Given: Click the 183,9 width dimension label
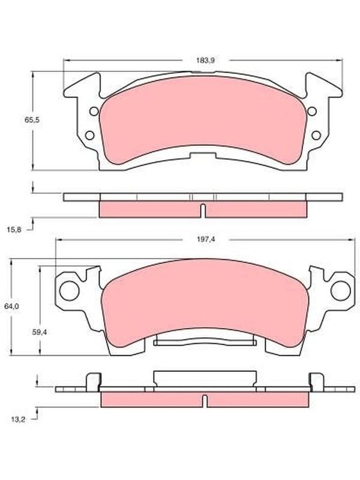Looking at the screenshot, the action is [x=205, y=61].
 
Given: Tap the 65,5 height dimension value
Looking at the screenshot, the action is [x=32, y=119].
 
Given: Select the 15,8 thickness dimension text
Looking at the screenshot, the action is [x=14, y=229].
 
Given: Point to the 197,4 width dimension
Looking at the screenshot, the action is [x=206, y=239].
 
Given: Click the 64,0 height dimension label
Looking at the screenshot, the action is [x=12, y=305].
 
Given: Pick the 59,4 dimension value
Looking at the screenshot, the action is [x=39, y=332].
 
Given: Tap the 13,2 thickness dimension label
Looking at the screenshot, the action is [x=19, y=419].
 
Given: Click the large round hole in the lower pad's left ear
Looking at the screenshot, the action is [x=69, y=290].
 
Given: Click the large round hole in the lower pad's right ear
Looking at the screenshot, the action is [x=341, y=290].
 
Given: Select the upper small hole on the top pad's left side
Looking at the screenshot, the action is [x=94, y=112].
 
